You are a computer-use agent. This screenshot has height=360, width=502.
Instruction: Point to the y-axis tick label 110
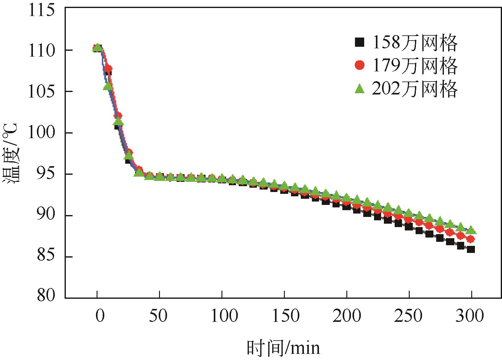point(41,50)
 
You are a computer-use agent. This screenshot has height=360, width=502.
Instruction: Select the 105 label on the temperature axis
point(41,92)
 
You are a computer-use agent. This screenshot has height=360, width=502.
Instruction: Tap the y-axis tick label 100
point(41,133)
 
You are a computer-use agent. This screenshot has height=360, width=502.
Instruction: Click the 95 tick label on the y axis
point(46,174)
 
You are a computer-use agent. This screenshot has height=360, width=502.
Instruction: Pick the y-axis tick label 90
point(46,216)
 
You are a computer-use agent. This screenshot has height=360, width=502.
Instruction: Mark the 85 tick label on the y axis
point(46,257)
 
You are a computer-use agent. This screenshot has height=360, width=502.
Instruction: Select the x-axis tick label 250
point(408,316)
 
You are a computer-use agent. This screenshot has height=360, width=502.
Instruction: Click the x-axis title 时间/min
point(283,348)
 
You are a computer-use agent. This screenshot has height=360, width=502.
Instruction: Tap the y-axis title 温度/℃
point(11,154)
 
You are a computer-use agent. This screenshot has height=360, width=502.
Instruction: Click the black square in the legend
point(359,42)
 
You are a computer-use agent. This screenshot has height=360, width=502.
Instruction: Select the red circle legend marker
point(359,65)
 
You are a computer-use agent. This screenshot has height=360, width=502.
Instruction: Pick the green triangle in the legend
point(359,89)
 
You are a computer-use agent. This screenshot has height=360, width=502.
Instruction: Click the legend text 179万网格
point(415,65)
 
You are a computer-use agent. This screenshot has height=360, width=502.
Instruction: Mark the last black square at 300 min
point(471,249)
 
